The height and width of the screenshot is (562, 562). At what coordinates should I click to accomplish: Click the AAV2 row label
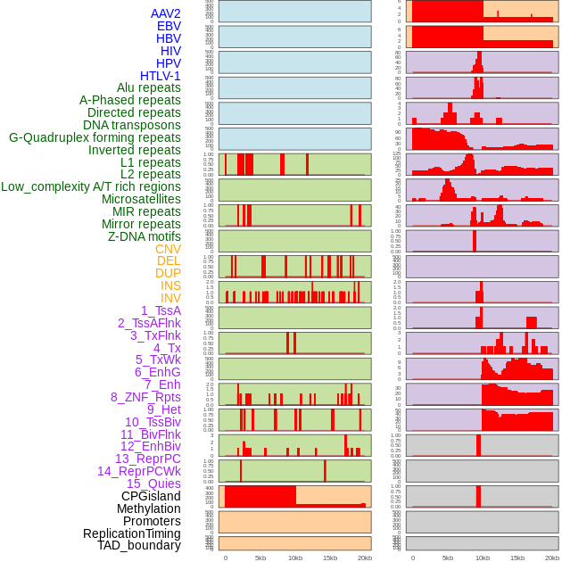click(x=165, y=13)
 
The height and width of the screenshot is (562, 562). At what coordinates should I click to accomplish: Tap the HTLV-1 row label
click(x=160, y=76)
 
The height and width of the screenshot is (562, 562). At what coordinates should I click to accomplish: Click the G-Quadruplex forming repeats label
click(x=95, y=137)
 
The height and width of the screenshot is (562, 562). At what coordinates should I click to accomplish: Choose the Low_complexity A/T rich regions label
click(x=91, y=186)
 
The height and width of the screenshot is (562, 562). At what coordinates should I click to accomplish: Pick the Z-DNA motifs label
click(x=144, y=236)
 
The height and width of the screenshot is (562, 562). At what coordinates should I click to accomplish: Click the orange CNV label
click(x=168, y=249)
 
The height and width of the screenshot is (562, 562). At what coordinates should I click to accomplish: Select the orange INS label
click(x=170, y=285)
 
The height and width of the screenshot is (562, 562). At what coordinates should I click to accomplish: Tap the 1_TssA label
click(x=161, y=310)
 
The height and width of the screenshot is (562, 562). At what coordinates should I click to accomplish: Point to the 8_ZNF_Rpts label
click(x=145, y=397)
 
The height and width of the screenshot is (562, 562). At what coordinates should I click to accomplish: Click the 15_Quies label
click(x=153, y=483)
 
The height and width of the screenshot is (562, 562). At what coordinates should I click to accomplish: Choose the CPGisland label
click(x=151, y=496)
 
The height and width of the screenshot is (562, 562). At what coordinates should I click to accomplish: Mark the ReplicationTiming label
click(x=131, y=533)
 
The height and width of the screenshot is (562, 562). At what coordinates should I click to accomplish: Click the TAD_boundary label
click(x=138, y=545)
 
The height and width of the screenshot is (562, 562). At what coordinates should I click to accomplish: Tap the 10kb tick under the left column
click(x=294, y=558)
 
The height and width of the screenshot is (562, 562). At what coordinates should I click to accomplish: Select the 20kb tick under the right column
click(x=552, y=558)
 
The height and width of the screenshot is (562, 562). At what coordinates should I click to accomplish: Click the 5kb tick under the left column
click(x=260, y=558)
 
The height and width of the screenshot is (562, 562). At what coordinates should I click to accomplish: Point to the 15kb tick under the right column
click(x=517, y=558)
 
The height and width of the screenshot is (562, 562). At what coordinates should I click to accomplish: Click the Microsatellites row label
click(x=141, y=199)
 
